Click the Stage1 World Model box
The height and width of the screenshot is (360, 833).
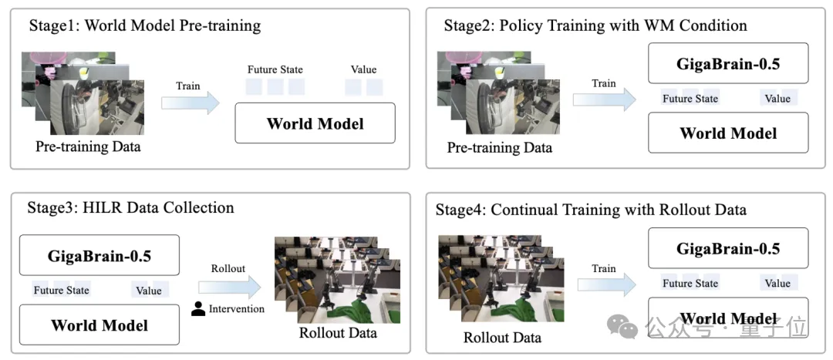point(315,123)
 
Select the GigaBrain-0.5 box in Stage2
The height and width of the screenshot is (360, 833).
point(728,63)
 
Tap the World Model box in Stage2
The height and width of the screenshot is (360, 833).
point(728,133)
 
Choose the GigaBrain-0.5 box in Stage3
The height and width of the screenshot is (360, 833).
point(99,256)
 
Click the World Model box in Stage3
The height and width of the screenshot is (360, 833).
point(99,325)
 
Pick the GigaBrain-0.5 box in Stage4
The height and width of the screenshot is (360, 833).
point(728,248)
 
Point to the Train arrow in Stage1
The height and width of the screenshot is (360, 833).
point(191,103)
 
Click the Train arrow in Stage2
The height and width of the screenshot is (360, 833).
point(604,99)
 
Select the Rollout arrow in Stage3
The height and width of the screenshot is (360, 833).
point(230,288)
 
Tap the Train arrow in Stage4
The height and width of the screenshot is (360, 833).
point(606,284)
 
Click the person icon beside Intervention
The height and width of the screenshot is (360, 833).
point(198,309)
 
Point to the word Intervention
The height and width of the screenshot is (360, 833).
point(237,308)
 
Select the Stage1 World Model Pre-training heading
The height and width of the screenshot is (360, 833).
point(144,25)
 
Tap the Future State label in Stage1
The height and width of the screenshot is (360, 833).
point(275,69)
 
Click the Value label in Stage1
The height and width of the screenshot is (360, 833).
point(364,69)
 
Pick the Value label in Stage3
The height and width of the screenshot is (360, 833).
point(149,290)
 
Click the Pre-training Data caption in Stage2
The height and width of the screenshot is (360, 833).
point(499,147)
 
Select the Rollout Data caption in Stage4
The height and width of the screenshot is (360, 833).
point(503,337)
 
